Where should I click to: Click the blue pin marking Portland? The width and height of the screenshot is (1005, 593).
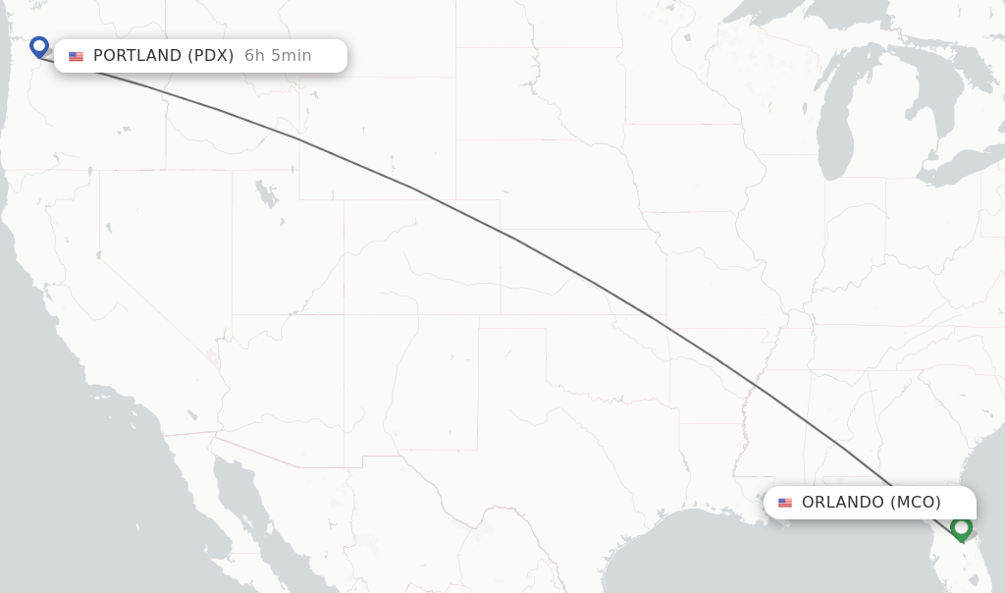(x=39, y=46)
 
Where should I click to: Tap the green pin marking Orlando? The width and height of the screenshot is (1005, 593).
(x=961, y=528)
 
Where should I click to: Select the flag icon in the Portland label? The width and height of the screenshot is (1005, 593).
(x=76, y=56)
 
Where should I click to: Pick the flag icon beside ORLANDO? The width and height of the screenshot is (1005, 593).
(x=785, y=503)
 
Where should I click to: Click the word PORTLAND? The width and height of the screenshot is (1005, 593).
(x=136, y=56)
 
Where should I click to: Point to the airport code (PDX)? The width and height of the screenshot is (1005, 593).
(x=211, y=56)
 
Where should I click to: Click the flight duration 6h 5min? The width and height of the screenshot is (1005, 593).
(x=278, y=56)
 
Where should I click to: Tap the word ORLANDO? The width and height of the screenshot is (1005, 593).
(x=842, y=503)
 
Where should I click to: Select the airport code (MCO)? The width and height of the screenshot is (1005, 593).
(x=916, y=503)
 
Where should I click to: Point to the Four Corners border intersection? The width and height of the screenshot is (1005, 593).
(x=344, y=315)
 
